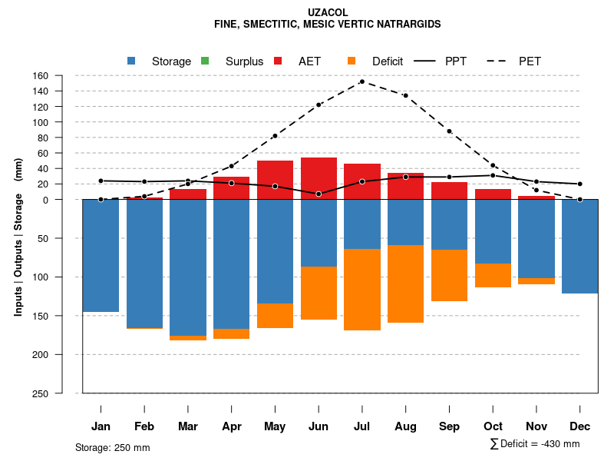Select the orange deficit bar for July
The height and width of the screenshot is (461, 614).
(362, 290)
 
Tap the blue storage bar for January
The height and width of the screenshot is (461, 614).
(101, 256)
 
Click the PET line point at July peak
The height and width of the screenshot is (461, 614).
(361, 81)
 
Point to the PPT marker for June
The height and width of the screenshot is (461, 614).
(319, 194)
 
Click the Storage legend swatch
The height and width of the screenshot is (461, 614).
(131, 61)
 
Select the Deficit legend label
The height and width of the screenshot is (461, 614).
(388, 61)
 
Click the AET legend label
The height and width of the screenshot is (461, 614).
(310, 61)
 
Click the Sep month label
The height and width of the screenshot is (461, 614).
(450, 426)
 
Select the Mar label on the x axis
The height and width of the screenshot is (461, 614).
(188, 426)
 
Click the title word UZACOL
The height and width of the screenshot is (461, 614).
(328, 13)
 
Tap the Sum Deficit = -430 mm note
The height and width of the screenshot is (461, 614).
(535, 444)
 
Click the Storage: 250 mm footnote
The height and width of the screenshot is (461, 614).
(113, 447)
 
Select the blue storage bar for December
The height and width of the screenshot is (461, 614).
(580, 247)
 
